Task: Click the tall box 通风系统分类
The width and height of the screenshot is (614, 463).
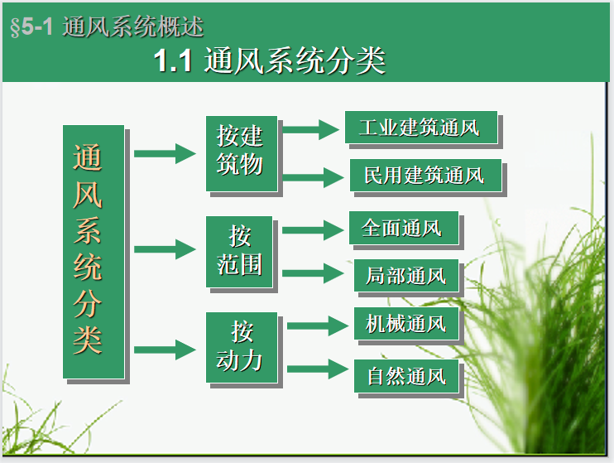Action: [x=94, y=252]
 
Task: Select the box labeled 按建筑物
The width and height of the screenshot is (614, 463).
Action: [x=241, y=152]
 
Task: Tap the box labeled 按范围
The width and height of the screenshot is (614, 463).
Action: [x=240, y=251]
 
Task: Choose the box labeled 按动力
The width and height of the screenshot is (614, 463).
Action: [x=242, y=348]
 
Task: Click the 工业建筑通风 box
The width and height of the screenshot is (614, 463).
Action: [x=420, y=128]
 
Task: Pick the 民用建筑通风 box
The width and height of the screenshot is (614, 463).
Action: [x=425, y=176]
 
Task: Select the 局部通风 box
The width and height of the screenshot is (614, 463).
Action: [x=405, y=274]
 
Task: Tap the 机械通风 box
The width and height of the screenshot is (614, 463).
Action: [x=405, y=324]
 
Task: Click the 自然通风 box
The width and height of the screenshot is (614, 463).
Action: [x=405, y=376]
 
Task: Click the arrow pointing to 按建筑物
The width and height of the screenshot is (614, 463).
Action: [x=165, y=152]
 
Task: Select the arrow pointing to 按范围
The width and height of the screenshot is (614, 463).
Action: [x=165, y=249]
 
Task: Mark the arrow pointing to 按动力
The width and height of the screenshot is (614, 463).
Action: [x=165, y=350]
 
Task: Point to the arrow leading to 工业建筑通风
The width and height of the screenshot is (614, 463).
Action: [x=311, y=129]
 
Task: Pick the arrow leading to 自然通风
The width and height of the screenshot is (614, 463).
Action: [x=319, y=369]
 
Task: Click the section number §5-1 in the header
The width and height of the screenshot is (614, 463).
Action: [x=31, y=27]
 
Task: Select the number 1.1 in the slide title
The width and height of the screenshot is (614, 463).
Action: [x=173, y=61]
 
